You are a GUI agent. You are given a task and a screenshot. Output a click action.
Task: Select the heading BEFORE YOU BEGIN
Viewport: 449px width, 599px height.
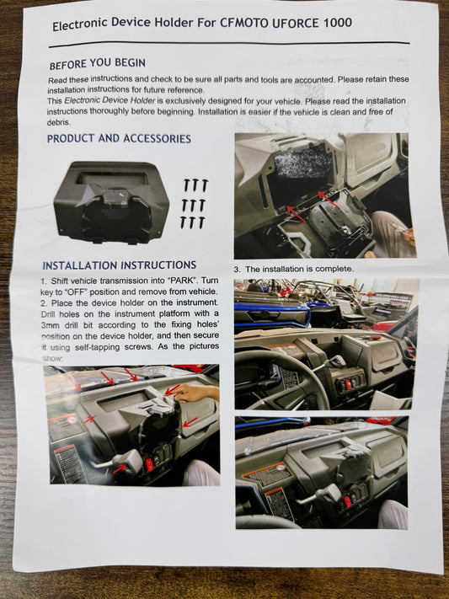pyautogui.click(x=97, y=64)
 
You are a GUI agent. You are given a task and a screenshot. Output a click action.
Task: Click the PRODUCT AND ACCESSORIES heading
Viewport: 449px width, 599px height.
pyautogui.click(x=119, y=139)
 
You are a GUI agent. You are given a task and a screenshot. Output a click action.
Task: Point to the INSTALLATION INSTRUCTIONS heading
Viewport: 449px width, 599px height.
pyautogui.click(x=119, y=265)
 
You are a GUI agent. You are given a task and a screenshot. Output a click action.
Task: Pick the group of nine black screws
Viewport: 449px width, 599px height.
pyautogui.click(x=194, y=203)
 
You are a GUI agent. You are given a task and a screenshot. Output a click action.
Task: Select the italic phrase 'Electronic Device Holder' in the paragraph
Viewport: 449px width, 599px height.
pyautogui.click(x=104, y=100)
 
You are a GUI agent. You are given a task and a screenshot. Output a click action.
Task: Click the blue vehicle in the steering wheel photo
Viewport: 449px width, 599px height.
pyautogui.click(x=270, y=317)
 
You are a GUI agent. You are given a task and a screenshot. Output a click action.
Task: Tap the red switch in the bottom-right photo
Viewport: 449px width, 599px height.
pyautogui.click(x=346, y=501)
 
